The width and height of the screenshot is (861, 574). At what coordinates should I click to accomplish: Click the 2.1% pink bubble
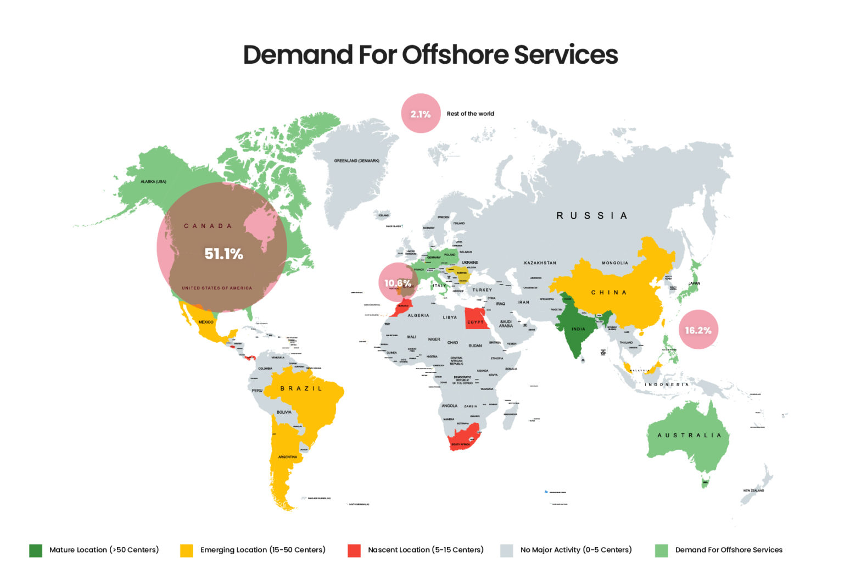(x=421, y=114)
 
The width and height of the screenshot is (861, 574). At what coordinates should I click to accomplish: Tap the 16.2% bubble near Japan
(x=698, y=330)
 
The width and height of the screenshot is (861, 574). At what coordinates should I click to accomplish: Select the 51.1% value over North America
(x=223, y=254)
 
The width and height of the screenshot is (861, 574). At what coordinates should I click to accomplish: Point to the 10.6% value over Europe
(x=398, y=283)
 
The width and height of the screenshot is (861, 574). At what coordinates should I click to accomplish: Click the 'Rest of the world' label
(x=470, y=114)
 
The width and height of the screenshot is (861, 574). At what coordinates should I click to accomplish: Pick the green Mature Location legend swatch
(x=36, y=550)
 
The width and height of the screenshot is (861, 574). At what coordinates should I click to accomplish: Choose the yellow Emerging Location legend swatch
(x=187, y=550)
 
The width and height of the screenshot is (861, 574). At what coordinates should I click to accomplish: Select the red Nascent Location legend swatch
(x=354, y=550)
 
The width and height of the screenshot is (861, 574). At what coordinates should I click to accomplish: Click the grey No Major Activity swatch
(x=506, y=550)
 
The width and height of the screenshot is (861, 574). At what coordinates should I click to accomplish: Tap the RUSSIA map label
(x=591, y=216)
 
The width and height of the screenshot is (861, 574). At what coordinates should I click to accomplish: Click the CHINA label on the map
(x=608, y=292)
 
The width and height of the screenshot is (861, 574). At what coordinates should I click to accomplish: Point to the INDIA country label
(x=578, y=329)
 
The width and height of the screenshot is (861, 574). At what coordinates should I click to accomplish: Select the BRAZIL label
(x=301, y=388)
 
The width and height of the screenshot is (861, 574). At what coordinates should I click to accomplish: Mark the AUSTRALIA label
(x=689, y=435)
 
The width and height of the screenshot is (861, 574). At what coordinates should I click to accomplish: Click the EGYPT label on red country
(x=476, y=322)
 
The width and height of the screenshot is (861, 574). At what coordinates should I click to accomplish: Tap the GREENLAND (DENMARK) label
(x=356, y=161)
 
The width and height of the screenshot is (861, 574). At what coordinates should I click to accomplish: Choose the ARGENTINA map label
(x=287, y=457)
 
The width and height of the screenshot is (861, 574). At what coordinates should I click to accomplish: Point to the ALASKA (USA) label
(x=153, y=182)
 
